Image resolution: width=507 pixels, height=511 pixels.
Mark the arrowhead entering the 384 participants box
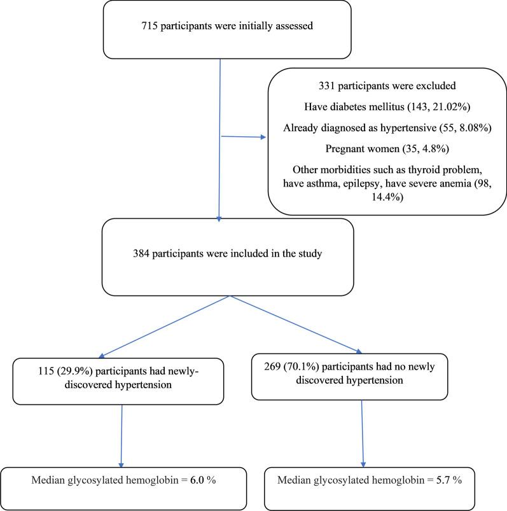coord(219,218)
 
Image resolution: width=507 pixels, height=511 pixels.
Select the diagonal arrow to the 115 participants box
coord(162,326)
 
